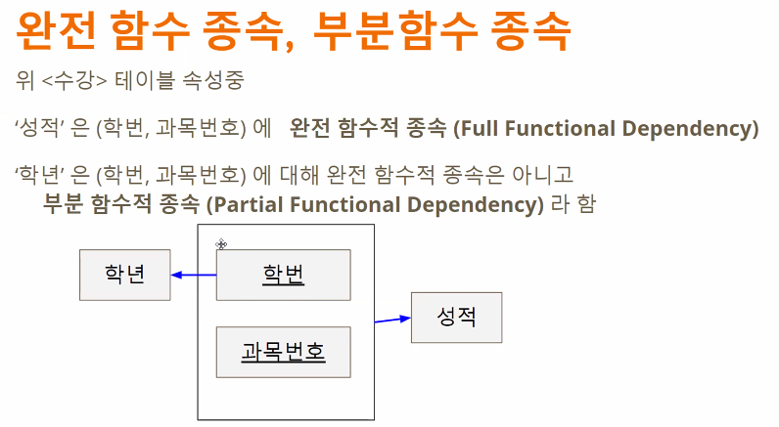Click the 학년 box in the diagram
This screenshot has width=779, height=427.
[124, 275]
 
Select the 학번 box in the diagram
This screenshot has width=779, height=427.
[283, 275]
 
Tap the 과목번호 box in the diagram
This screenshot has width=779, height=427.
[283, 352]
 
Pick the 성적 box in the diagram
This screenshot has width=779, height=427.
[456, 318]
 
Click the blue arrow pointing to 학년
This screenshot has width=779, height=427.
[193, 275]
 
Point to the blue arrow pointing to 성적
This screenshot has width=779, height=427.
[392, 319]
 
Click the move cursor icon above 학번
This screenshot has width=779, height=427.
[222, 244]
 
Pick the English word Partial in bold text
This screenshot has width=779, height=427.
[240, 205]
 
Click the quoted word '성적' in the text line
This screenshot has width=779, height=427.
[37, 129]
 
